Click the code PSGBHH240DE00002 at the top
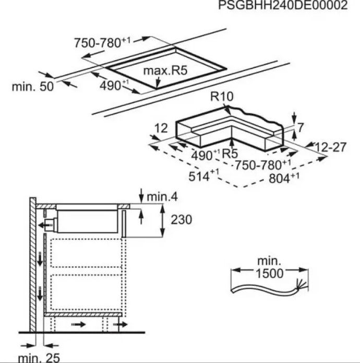tap(283, 5)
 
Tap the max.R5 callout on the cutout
tap(165, 71)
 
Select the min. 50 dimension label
tap(32, 87)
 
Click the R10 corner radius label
tap(222, 96)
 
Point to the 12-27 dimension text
tap(330, 147)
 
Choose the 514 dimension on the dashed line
tap(203, 175)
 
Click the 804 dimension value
tap(284, 178)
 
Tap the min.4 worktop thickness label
tap(162, 197)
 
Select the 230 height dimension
tap(181, 219)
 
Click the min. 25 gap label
tap(39, 358)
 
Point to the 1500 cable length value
tap(269, 273)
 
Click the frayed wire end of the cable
tap(301, 284)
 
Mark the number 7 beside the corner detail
tap(300, 128)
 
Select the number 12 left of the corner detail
tap(161, 128)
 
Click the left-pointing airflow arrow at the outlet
tap(43, 225)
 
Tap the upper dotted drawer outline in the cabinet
tap(86, 253)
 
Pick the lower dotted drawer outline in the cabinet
tap(86, 292)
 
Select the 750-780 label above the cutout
tap(102, 43)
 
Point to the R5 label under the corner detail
tap(230, 153)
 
